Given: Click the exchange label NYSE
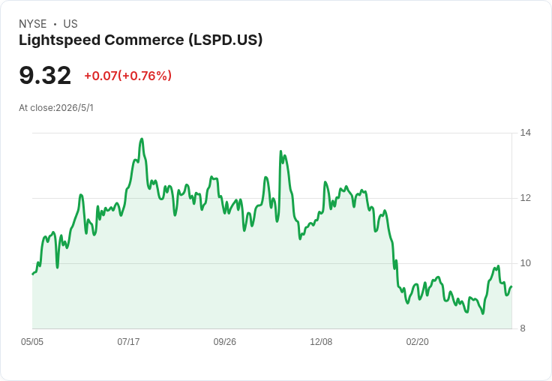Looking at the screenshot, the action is pos(33,24).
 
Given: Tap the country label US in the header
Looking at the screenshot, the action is pos(70,24).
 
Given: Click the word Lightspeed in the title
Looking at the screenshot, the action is pos(60,40).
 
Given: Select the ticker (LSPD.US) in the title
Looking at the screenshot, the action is pos(226,40).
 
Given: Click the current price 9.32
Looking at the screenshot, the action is pos(45,76).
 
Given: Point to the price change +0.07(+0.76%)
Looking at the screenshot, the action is pos(128,76).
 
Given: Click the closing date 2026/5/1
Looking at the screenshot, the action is pos(75,108).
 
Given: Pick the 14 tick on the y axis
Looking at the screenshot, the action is pos(526,133).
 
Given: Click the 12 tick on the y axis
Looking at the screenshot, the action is pos(526,198).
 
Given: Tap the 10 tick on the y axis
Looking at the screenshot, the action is pos(526,263).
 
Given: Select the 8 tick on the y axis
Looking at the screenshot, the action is pos(523,328).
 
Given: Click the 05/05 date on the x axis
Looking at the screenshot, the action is pos(32,342).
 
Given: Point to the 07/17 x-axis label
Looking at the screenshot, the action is pos(128,342).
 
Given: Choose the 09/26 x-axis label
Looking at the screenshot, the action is pos(224,342).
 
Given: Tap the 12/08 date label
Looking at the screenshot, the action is pos(321,342).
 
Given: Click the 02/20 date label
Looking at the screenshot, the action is pos(418,342).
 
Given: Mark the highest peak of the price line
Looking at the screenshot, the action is pos(142,139).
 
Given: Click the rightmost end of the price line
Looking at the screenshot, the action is pos(511,286).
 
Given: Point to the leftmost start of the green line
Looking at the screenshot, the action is pos(33,274).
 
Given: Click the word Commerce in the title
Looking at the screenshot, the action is pos(144,40).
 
